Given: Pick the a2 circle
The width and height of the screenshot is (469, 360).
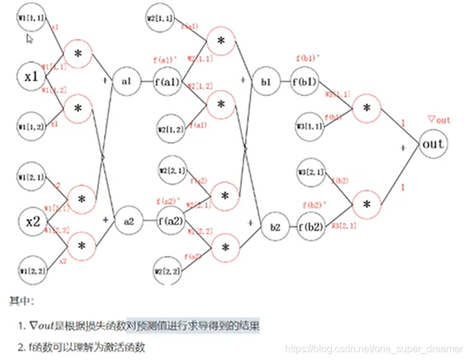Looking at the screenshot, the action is pyautogui.click(x=129, y=220).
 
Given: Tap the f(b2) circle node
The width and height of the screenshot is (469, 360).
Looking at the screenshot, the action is pyautogui.click(x=310, y=226).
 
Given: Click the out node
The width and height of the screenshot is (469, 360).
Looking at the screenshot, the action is pyautogui.click(x=433, y=145).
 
